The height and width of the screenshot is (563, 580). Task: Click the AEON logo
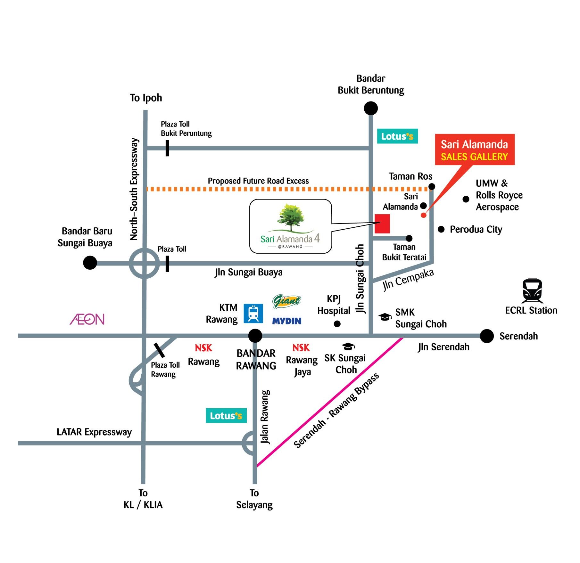coord(87,319)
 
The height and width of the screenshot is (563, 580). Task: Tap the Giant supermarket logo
coord(286,301)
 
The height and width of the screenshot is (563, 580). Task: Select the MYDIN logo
coord(287,321)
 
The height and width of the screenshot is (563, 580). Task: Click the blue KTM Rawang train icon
coord(253,313)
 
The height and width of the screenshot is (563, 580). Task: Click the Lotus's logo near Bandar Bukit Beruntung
coord(397,136)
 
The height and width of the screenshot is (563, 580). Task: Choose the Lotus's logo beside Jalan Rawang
coord(226,415)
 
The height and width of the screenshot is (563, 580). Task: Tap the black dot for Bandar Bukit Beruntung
coord(371,108)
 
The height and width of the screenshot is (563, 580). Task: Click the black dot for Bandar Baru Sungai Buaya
coord(90,263)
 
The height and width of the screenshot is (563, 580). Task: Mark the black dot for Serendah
coord(486,336)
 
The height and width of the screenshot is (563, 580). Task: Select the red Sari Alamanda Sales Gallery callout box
coord(475,150)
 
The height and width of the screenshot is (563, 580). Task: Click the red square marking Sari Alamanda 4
coord(382,224)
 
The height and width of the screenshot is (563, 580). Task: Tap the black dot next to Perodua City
coord(441,229)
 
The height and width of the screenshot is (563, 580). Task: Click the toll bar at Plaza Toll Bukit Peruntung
coord(167,148)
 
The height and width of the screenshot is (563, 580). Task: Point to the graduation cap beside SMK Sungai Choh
coord(385,317)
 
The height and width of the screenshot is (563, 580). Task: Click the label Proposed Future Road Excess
coord(258,181)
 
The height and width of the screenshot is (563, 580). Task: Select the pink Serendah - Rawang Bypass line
coord(330,401)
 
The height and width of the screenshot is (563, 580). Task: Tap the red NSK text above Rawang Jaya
coord(301,347)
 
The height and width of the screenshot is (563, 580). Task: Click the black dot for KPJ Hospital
coord(337,324)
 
